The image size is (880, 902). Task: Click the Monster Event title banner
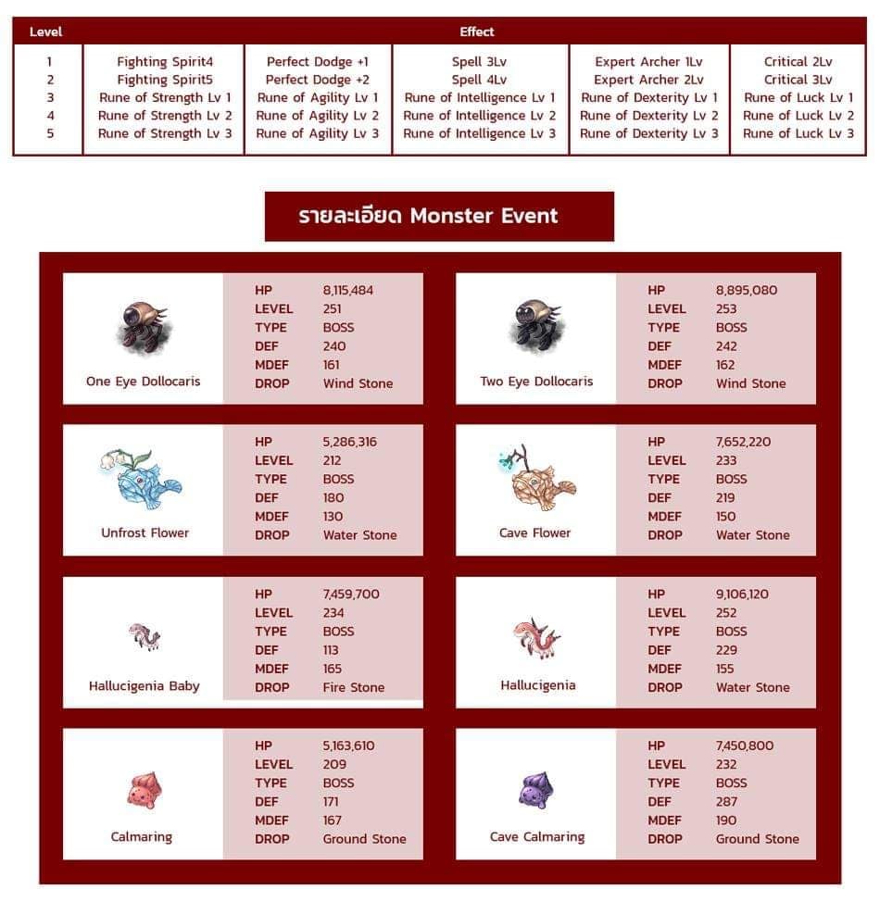tap(439, 217)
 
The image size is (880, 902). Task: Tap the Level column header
tap(45, 31)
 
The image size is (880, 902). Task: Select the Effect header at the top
tap(477, 31)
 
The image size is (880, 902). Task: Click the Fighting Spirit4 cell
tap(165, 62)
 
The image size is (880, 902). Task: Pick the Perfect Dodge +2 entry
tap(318, 80)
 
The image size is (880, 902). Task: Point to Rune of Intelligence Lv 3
tap(480, 133)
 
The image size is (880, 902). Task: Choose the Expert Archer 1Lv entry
tap(648, 62)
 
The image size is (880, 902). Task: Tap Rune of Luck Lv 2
tap(798, 116)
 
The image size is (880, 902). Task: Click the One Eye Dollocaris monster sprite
tap(143, 326)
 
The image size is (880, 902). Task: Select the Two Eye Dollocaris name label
tap(536, 382)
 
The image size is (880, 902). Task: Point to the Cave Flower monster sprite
tap(536, 480)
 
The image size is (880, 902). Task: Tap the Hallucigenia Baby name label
tap(145, 686)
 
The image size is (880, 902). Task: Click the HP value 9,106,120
tap(742, 595)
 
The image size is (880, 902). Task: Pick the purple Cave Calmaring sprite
tap(536, 791)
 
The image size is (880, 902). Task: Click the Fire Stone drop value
tap(354, 687)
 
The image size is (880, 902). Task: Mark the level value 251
tap(332, 308)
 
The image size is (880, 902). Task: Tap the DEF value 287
tap(727, 801)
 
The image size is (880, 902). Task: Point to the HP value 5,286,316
tap(350, 442)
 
